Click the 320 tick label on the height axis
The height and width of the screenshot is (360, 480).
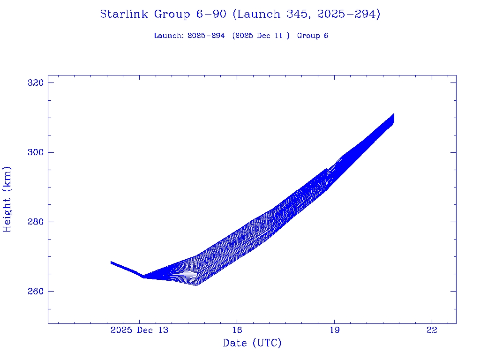click(x=35, y=83)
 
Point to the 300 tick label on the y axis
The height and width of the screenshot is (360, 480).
click(x=35, y=152)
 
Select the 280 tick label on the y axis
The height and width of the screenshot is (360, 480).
click(x=35, y=222)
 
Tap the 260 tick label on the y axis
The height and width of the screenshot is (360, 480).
click(x=35, y=291)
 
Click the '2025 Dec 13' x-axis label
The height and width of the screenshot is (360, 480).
click(x=139, y=330)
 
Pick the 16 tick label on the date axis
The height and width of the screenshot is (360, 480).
click(x=237, y=330)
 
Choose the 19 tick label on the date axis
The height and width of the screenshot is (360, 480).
click(x=334, y=330)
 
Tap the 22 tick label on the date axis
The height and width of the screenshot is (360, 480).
click(x=432, y=330)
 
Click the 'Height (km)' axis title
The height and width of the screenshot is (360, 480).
click(x=7, y=199)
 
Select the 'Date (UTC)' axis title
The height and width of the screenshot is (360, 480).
click(x=252, y=343)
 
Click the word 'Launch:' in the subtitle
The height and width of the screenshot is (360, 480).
click(x=169, y=36)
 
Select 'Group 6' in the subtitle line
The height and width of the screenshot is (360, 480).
click(x=313, y=36)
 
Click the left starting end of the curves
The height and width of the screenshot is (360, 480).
click(x=111, y=262)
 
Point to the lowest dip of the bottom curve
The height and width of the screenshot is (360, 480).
click(x=196, y=285)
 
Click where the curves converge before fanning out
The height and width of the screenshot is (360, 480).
click(x=143, y=277)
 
